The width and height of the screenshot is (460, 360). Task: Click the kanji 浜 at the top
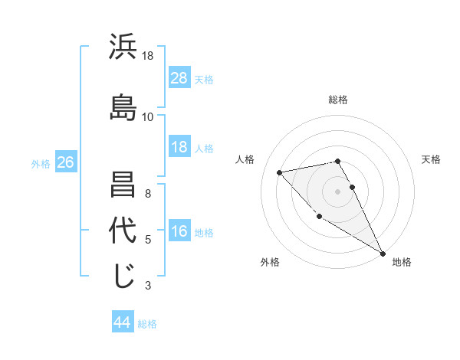(123, 48)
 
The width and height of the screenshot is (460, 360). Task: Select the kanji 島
(123, 107)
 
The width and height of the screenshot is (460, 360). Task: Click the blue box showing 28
(179, 78)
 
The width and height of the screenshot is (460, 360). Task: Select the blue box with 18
(179, 147)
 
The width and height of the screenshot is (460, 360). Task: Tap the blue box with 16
(179, 232)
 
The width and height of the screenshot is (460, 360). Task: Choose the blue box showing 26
(65, 162)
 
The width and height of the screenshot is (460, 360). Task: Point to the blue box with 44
(123, 322)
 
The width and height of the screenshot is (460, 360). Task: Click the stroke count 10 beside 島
(148, 116)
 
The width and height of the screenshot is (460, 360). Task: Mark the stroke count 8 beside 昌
(148, 193)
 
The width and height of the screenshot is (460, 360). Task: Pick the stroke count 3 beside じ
(148, 286)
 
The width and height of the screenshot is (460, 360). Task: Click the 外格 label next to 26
(41, 163)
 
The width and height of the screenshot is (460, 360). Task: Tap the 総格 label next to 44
(147, 324)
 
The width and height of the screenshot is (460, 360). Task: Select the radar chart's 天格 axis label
(432, 159)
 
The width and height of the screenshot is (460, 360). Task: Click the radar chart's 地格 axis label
(402, 262)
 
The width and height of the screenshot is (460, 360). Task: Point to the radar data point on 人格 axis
(280, 172)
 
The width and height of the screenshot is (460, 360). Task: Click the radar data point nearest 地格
(383, 253)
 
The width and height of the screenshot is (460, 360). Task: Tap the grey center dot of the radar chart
(337, 191)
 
